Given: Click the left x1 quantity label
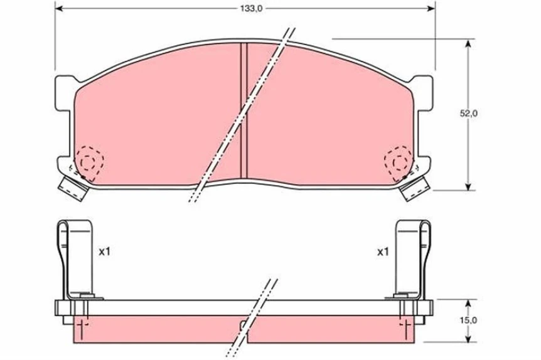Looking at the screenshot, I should pyautogui.click(x=104, y=251).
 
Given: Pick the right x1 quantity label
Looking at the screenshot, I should pyautogui.click(x=382, y=251).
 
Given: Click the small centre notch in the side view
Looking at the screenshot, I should pyautogui.click(x=244, y=325).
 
